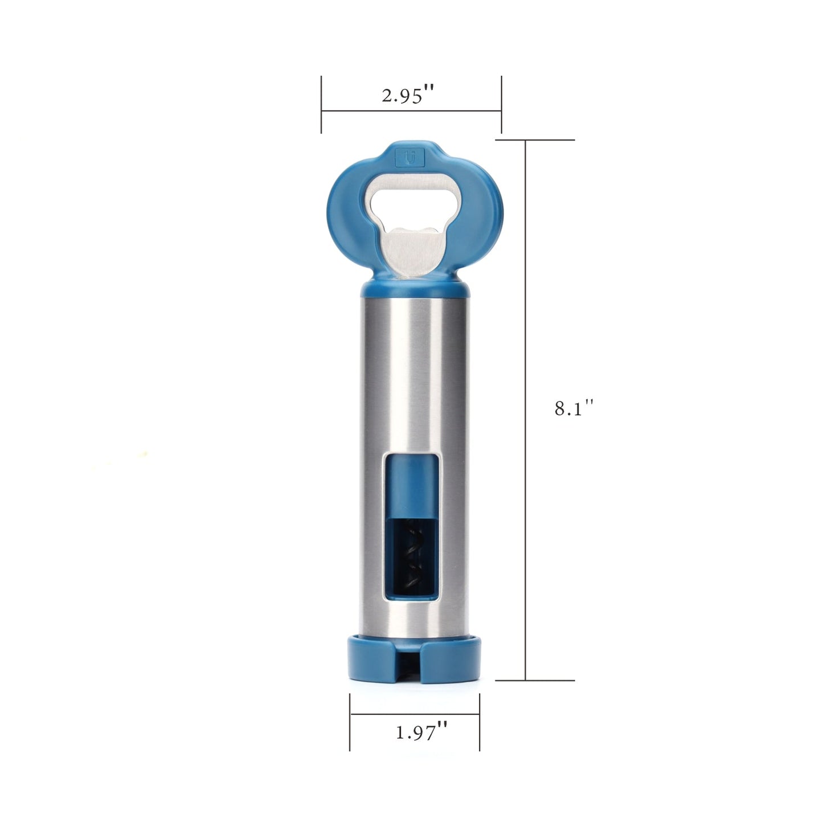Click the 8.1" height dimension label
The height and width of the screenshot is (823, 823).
(x=574, y=408)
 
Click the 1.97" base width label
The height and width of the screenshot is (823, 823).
(x=421, y=732)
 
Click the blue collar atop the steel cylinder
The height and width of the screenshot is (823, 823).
(x=415, y=289)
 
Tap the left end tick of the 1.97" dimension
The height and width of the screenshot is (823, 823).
(x=350, y=722)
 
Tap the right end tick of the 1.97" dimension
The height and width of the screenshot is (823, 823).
(x=480, y=722)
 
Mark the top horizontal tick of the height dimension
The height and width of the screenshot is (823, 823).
(x=535, y=140)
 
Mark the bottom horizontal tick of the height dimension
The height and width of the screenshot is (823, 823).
(x=535, y=680)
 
